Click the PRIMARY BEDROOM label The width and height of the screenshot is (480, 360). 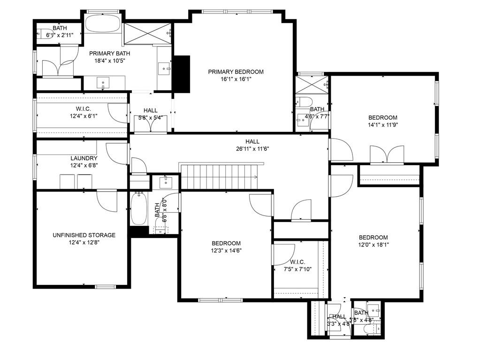coord(236,72)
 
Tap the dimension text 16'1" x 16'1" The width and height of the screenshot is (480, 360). coord(236,79)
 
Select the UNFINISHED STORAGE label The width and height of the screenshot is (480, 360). coord(84,235)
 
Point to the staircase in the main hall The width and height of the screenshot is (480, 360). coord(219,176)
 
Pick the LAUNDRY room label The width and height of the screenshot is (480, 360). coord(84,159)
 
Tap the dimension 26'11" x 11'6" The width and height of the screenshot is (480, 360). coord(252,149)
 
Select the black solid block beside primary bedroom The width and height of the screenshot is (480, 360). coord(182,74)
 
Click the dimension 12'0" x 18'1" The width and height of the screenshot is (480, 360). coord(373,245)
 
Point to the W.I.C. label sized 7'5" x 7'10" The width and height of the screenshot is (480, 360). coord(297,262)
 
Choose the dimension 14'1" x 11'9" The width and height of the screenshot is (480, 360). coord(383,125)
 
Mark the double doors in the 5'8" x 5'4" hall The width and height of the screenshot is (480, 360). coord(150,124)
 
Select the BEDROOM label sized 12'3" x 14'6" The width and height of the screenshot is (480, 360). coord(226,243)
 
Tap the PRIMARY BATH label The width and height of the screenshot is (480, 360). coord(107,53)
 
